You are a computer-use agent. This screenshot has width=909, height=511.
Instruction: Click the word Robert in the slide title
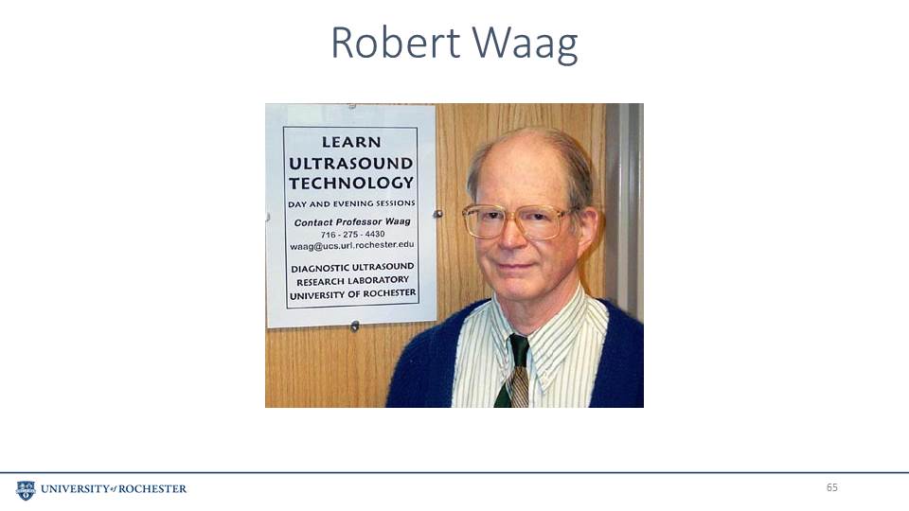396,43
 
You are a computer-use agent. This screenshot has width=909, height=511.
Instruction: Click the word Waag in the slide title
526,45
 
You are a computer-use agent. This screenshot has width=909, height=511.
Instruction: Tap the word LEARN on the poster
351,142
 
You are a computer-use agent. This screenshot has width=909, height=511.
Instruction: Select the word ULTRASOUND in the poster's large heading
350,164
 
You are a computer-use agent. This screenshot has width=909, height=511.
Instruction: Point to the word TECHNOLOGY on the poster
351,183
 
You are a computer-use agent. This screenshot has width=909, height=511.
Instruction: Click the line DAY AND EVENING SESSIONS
351,203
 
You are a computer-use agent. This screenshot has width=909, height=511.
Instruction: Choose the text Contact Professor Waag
352,221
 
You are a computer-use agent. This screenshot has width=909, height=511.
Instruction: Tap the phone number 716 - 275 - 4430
352,234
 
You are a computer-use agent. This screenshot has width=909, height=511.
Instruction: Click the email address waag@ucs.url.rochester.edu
352,245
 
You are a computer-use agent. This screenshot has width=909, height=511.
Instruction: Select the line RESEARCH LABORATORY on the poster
352,281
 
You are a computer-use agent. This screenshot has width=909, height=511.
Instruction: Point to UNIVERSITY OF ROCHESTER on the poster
352,294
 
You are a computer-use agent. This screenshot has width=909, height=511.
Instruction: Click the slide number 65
832,487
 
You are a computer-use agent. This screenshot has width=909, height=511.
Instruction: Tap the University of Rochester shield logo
26,490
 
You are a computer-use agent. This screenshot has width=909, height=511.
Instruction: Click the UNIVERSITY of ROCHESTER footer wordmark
114,489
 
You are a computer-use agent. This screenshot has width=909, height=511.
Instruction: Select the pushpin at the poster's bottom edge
355,326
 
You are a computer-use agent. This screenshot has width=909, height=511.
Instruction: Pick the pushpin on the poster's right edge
438,214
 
